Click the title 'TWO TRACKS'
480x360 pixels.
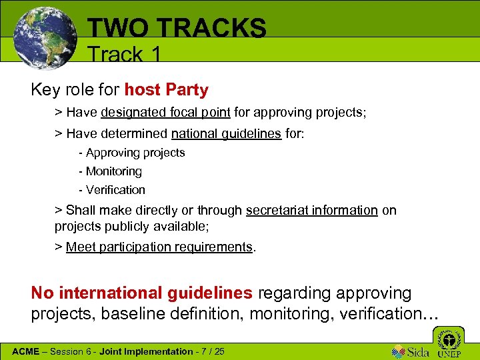(177, 28)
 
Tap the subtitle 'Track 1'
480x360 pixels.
(124, 54)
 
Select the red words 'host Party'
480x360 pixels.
(166, 89)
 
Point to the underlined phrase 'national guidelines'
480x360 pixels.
(226, 133)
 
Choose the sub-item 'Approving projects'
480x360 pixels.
(135, 153)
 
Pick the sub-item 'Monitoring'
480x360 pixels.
(113, 171)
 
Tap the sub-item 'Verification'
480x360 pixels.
(115, 190)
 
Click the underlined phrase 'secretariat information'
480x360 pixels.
(312, 210)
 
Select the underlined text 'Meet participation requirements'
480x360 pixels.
(159, 247)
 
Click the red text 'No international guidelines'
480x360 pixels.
(142, 293)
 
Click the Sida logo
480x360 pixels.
(411, 351)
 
